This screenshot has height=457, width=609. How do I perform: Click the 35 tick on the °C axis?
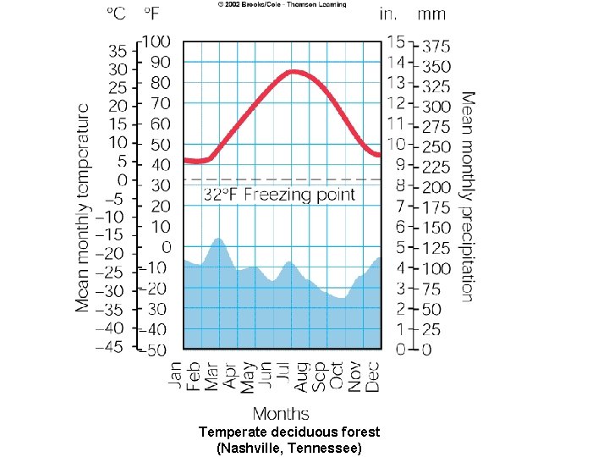(117, 50)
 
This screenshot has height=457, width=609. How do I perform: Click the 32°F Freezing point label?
(279, 195)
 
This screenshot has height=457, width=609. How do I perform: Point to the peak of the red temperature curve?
(293, 72)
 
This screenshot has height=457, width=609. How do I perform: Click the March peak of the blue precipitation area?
(218, 240)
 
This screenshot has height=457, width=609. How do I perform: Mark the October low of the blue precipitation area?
(340, 298)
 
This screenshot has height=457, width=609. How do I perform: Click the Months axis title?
(281, 413)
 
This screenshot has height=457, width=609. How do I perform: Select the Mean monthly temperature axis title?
(83, 207)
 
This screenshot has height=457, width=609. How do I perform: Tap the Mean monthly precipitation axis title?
(467, 196)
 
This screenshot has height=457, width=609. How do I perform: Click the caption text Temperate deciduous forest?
(288, 432)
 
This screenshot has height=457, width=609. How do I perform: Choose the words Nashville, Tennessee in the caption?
(288, 447)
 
